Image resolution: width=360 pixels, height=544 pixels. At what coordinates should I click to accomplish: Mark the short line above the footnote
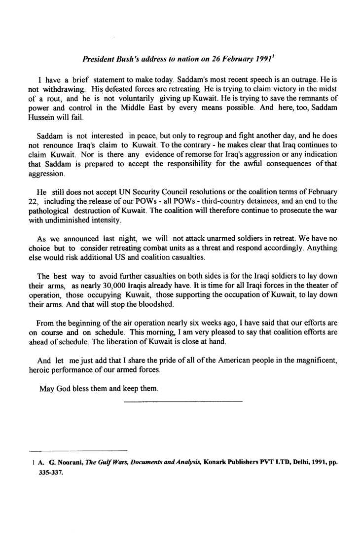tap(78, 451)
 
